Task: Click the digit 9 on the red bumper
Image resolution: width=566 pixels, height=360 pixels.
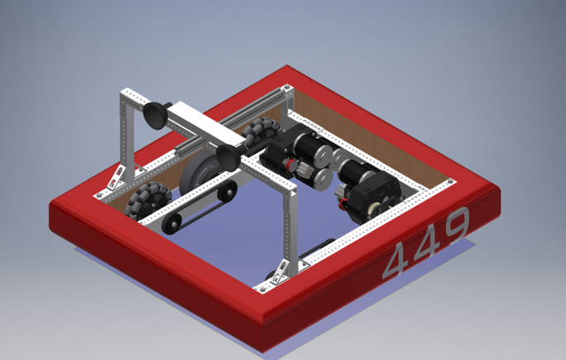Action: point(458,224)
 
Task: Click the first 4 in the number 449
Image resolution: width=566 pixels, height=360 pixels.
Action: point(396,260)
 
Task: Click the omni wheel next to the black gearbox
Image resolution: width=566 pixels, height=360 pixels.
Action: point(261,131)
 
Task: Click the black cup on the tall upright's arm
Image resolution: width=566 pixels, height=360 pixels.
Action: point(156,114)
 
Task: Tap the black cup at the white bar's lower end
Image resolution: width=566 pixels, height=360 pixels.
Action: point(230,157)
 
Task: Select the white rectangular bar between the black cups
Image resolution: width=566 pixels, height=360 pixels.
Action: point(205,124)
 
